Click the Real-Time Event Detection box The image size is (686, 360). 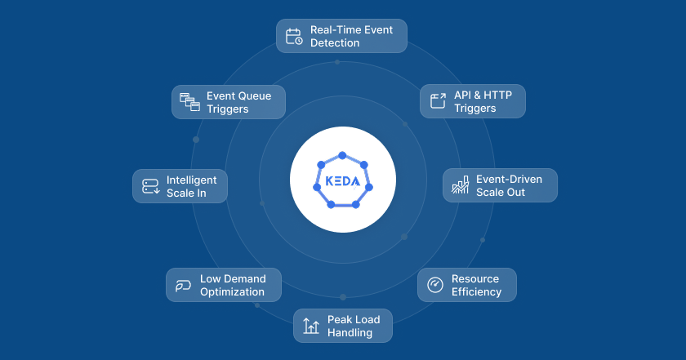pos(341,36)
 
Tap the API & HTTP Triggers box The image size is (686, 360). pos(473,101)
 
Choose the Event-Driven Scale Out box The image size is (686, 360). pos(500,185)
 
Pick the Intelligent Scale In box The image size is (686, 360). pos(180,186)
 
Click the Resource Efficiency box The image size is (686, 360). pos(467,285)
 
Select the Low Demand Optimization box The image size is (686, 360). pos(224,285)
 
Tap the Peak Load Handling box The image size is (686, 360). pos(343,326)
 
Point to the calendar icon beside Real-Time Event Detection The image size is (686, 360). pos(294,36)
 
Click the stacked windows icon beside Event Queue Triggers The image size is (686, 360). pos(189,102)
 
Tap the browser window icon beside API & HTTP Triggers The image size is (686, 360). pos(439,101)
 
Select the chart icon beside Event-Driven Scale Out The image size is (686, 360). pos(460,186)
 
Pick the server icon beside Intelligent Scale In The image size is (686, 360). pos(150,186)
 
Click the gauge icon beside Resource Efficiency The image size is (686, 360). pos(435,285)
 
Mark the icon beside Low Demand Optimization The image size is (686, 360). pos(183,285)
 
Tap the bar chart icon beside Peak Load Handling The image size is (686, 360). pos(311,326)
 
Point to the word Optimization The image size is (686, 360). pos(232,291)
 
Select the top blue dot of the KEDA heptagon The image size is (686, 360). pos(342,155)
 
